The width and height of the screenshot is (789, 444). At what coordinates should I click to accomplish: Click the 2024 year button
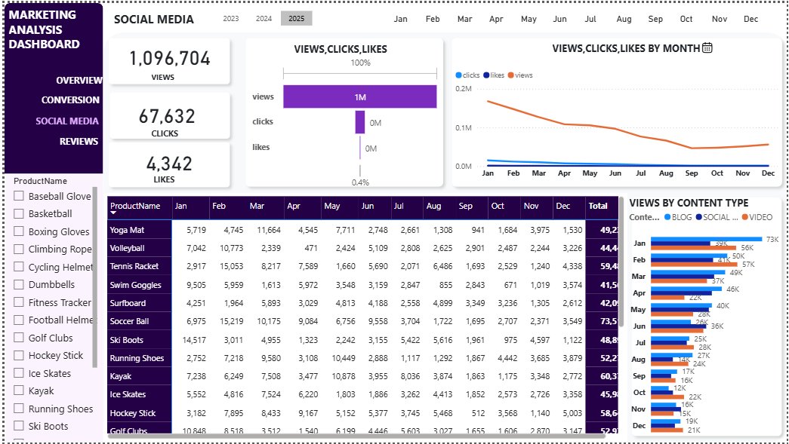tap(264, 19)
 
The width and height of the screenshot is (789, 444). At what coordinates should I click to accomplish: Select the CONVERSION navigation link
tap(70, 100)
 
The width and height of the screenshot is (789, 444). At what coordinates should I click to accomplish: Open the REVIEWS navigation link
tap(79, 142)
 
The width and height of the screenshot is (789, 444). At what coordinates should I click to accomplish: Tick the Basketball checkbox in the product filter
tap(19, 214)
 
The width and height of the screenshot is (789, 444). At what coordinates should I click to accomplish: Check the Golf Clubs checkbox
tap(19, 338)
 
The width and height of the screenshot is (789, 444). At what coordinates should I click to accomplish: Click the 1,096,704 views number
tap(169, 59)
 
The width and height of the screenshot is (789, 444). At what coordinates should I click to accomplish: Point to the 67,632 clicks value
tap(167, 116)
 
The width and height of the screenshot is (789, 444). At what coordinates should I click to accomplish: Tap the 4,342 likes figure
tap(169, 164)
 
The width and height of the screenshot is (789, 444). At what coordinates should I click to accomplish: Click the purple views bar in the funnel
tap(359, 96)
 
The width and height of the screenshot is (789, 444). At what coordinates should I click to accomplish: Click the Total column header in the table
tap(598, 206)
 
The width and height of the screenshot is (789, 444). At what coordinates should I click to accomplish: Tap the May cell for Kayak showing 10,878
tap(337, 376)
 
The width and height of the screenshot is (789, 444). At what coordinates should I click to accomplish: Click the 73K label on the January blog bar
tap(772, 239)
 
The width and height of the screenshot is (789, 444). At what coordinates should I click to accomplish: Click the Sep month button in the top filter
tap(655, 19)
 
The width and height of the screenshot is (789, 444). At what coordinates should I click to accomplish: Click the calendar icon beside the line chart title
tap(707, 48)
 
